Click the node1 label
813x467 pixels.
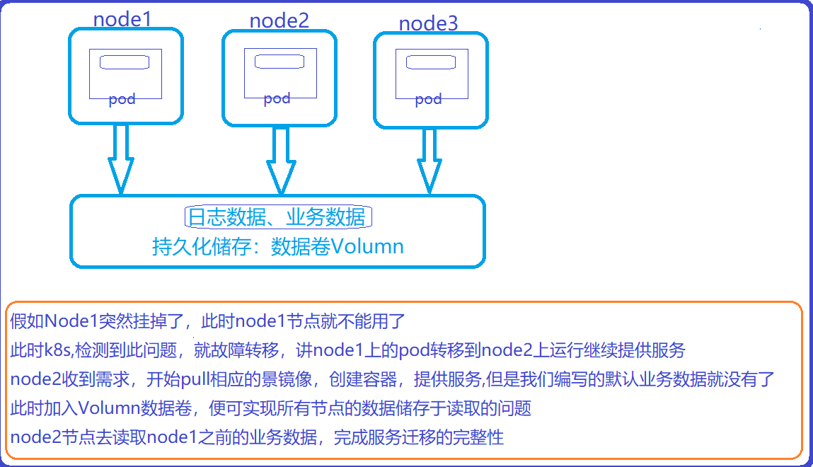tap(122, 19)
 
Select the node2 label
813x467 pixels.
tap(279, 21)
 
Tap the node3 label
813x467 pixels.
tap(428, 23)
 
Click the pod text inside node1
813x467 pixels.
tap(122, 100)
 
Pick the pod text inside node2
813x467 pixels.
tap(277, 98)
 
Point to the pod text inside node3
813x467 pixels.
tap(428, 99)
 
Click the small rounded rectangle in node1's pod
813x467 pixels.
tap(124, 62)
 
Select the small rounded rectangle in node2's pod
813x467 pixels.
tap(279, 62)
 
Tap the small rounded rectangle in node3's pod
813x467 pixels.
tap(429, 63)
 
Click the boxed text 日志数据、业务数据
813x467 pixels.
tap(277, 217)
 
